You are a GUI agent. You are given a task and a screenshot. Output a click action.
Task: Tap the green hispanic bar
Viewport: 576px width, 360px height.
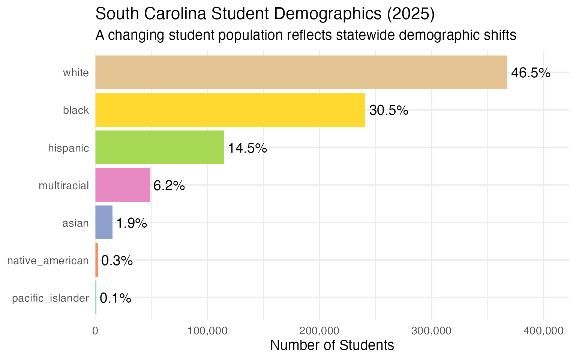[159, 147]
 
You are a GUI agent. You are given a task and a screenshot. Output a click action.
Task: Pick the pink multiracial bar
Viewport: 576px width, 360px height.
[123, 185]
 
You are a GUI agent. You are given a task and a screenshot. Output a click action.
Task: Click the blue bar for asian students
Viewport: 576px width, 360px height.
[104, 222]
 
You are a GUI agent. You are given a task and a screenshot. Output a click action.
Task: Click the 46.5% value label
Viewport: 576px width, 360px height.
[531, 73]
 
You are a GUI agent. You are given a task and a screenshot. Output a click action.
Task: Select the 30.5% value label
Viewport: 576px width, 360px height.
[388, 110]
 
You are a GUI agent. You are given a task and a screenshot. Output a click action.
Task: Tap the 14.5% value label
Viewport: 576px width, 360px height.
[247, 148]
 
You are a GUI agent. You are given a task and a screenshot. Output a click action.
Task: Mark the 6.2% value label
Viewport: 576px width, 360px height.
[169, 186]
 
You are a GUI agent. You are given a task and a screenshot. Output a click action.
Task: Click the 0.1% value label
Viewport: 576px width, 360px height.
[115, 298]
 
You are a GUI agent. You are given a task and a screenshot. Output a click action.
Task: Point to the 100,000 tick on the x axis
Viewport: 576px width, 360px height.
[207, 331]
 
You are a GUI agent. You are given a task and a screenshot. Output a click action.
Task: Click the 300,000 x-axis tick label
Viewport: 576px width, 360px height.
[432, 331]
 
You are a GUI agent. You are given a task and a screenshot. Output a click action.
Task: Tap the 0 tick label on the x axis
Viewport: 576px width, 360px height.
[95, 331]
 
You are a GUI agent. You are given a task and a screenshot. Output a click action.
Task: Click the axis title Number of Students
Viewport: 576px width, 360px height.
[332, 345]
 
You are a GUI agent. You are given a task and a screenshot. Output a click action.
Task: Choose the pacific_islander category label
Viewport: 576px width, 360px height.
[51, 298]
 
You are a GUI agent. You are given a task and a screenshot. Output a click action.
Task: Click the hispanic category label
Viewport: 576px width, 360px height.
[69, 148]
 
